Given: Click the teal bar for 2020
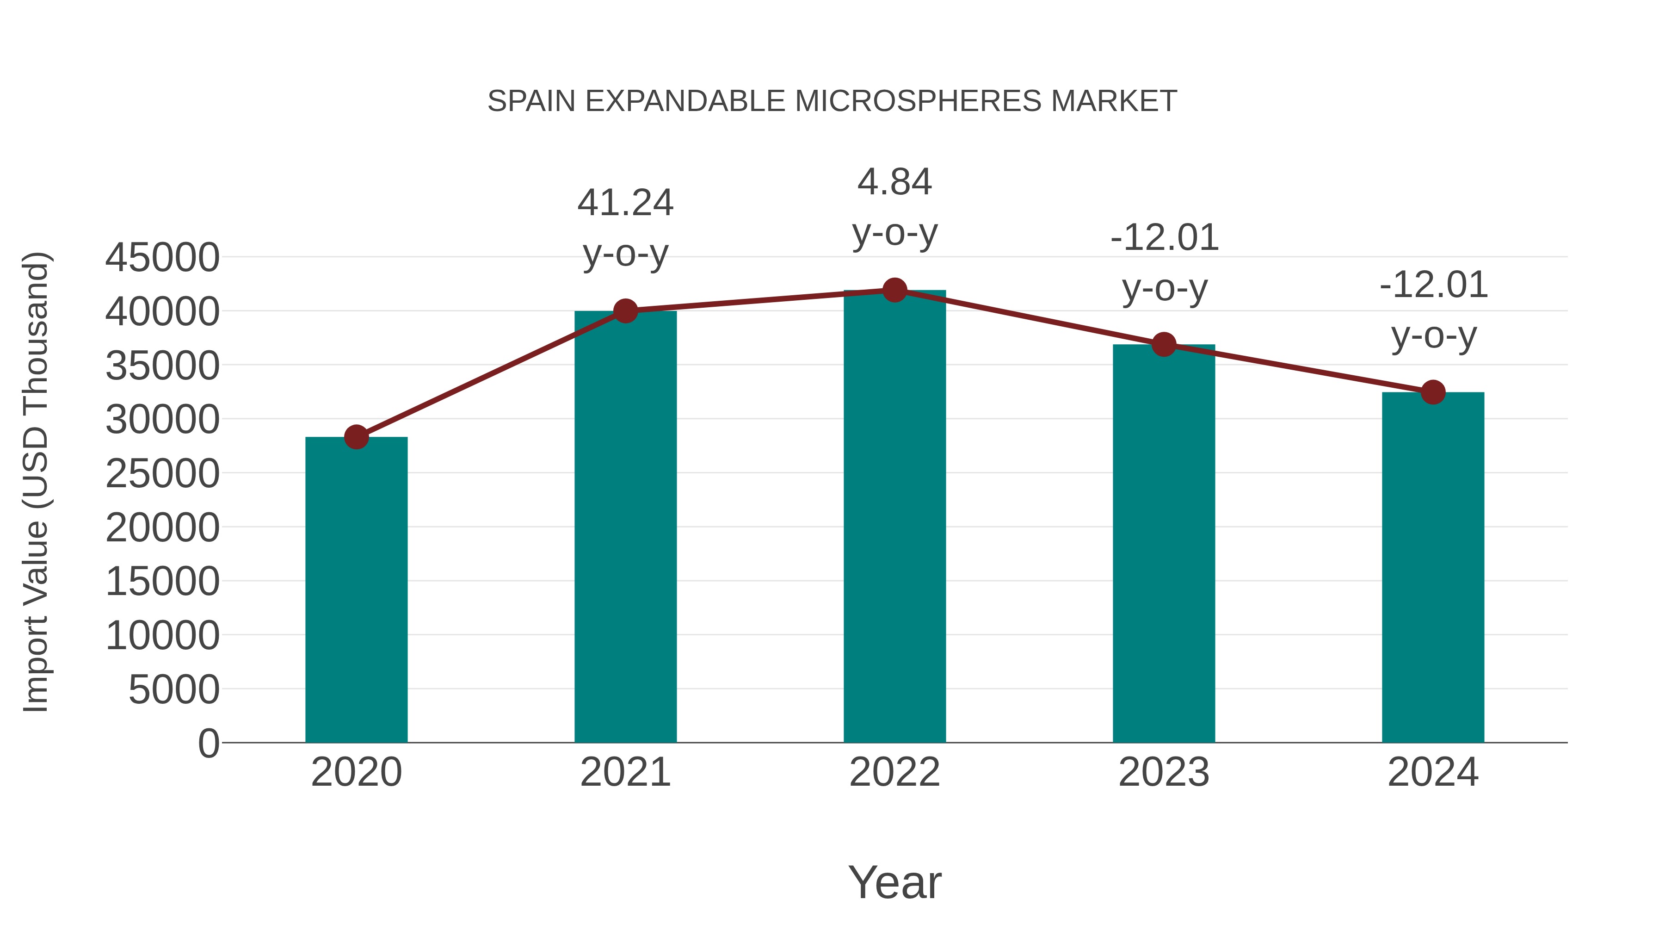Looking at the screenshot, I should pos(356,590).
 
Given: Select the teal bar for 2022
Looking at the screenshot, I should pos(894,517).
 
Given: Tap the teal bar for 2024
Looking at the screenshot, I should pos(1433,568).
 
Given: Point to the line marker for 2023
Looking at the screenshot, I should pos(1164,345).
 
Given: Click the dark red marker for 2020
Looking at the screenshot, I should pos(356,437).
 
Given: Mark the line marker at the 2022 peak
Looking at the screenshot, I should pos(894,290).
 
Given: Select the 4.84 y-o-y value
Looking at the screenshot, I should pos(894,182).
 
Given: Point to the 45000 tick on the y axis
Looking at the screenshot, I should pos(162,257).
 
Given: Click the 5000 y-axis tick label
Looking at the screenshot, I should pos(174,689).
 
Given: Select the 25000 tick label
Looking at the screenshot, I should pos(162,473).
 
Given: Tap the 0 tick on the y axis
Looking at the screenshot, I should pos(209,743).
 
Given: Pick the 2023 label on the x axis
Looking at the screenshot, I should pos(1164,772).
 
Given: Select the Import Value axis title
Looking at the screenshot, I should pos(36,482).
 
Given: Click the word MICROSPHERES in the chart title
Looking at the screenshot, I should pos(918,101).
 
